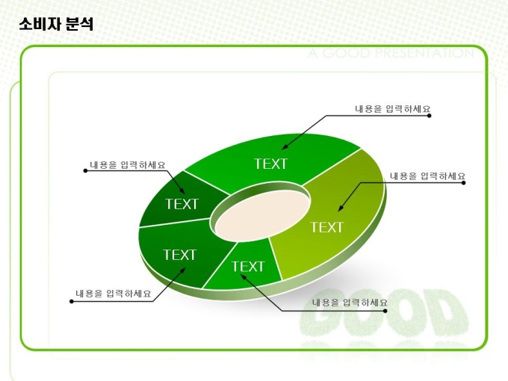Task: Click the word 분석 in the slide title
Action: (x=79, y=25)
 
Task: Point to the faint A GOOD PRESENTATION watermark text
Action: (x=391, y=53)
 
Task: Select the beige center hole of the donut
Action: (x=262, y=216)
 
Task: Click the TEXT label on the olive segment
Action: (x=326, y=227)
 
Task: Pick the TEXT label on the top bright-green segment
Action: (x=271, y=164)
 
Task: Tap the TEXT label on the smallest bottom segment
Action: (x=248, y=267)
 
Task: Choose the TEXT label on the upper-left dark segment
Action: (x=182, y=204)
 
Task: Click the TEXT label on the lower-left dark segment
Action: (x=179, y=255)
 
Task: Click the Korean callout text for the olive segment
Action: (x=427, y=176)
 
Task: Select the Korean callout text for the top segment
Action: (x=393, y=109)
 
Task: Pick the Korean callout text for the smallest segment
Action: (x=350, y=303)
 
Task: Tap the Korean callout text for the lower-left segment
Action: (x=114, y=294)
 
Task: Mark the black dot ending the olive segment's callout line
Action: (x=464, y=183)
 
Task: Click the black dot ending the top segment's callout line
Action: (x=430, y=116)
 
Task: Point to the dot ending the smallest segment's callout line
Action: (x=385, y=311)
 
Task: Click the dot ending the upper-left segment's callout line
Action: (x=85, y=171)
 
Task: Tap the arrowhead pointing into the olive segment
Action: (x=340, y=208)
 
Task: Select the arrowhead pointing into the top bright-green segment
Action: (x=284, y=147)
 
